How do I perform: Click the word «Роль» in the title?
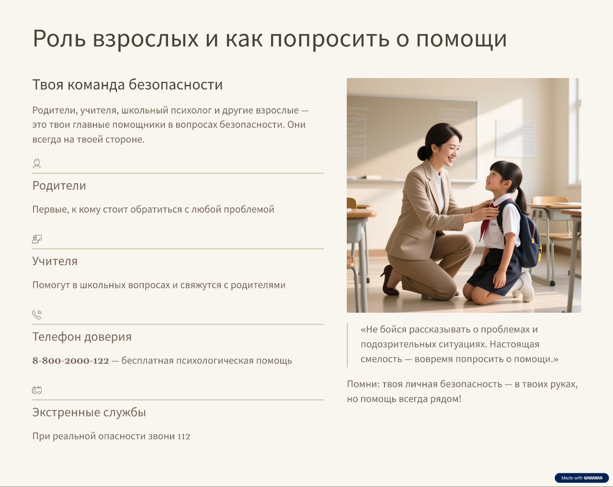click(59, 38)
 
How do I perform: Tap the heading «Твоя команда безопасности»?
click(127, 85)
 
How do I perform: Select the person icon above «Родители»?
click(37, 163)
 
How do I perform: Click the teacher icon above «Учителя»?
click(37, 239)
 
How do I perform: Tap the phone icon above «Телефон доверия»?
click(37, 315)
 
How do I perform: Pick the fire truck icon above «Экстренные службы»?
click(37, 390)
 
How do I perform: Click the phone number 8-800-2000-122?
click(71, 361)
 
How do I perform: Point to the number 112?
click(184, 436)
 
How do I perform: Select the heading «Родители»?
click(59, 186)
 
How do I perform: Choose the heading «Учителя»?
click(55, 261)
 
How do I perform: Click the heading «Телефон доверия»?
click(82, 337)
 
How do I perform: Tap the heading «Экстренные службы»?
click(89, 412)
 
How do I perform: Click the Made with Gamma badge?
click(581, 477)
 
